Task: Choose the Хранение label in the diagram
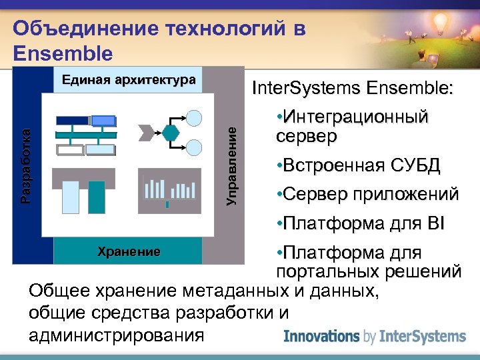(129, 251)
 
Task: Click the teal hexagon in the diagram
(171, 131)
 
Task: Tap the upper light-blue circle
(193, 118)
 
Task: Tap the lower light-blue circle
(193, 146)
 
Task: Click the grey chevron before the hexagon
(145, 131)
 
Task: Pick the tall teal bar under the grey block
(97, 197)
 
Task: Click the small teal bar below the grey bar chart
(167, 205)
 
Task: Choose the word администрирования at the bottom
(117, 335)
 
